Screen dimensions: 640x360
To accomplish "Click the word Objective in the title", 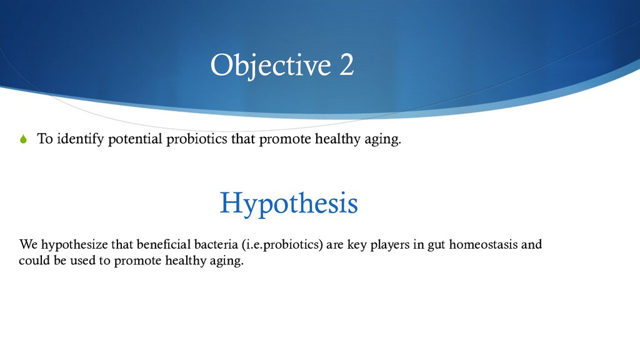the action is pos(271,65).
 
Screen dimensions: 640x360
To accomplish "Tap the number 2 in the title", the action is pos(346,64).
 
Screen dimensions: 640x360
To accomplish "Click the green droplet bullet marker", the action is pos(23,139).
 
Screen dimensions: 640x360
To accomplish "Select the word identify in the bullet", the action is pos(81,139).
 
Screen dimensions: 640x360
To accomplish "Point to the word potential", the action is pos(135,139).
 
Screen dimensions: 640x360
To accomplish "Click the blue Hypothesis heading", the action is pos(289,203).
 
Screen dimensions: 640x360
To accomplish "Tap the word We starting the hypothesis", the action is pos(29,244).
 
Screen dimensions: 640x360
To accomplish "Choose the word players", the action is pos(390,245).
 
